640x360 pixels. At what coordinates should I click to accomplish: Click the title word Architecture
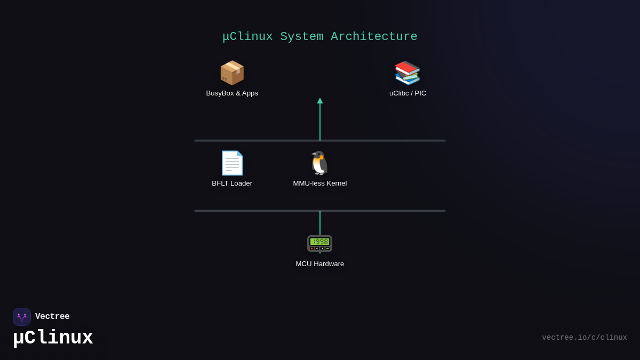pyautogui.click(x=374, y=37)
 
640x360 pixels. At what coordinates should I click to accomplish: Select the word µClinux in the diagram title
pyautogui.click(x=247, y=37)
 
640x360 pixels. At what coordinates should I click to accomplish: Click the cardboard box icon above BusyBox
pyautogui.click(x=232, y=73)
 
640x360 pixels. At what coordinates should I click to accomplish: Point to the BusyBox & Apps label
pyautogui.click(x=232, y=93)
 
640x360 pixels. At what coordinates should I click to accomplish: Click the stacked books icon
pyautogui.click(x=407, y=73)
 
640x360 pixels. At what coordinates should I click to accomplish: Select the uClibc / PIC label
pyautogui.click(x=407, y=93)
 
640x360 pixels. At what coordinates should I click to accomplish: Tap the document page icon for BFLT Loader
pyautogui.click(x=232, y=163)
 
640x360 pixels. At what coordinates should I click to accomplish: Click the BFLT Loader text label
pyautogui.click(x=232, y=183)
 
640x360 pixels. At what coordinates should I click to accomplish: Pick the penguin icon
pyautogui.click(x=319, y=163)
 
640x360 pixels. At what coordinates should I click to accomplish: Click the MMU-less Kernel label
pyautogui.click(x=319, y=183)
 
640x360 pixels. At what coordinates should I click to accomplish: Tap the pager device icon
pyautogui.click(x=319, y=243)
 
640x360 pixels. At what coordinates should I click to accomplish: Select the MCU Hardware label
pyautogui.click(x=319, y=264)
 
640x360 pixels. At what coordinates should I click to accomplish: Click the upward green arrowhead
pyautogui.click(x=320, y=101)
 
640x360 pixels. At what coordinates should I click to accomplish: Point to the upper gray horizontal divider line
pyautogui.click(x=256, y=141)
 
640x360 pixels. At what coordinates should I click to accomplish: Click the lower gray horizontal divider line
pyautogui.click(x=256, y=211)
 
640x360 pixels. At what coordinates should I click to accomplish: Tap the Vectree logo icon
pyautogui.click(x=22, y=317)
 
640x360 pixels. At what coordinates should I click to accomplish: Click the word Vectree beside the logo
pyautogui.click(x=52, y=317)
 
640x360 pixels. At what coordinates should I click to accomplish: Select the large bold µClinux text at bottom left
pyautogui.click(x=53, y=338)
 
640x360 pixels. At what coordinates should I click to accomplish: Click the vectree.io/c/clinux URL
pyautogui.click(x=584, y=338)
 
